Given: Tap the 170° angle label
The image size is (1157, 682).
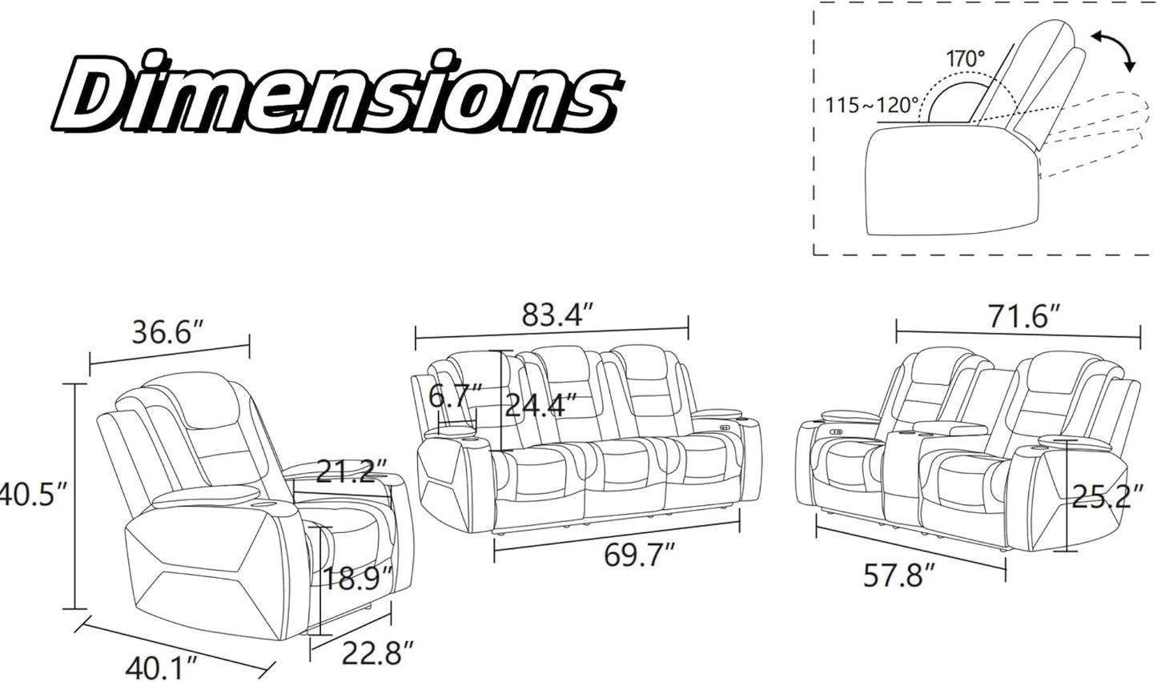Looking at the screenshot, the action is point(966,58).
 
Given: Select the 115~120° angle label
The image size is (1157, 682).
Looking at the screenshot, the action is point(871,106).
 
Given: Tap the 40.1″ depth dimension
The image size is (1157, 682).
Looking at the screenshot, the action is point(162,668).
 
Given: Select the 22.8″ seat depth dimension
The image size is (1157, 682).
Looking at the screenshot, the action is point(379,652).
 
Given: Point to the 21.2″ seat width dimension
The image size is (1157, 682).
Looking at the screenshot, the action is point(352,471).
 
